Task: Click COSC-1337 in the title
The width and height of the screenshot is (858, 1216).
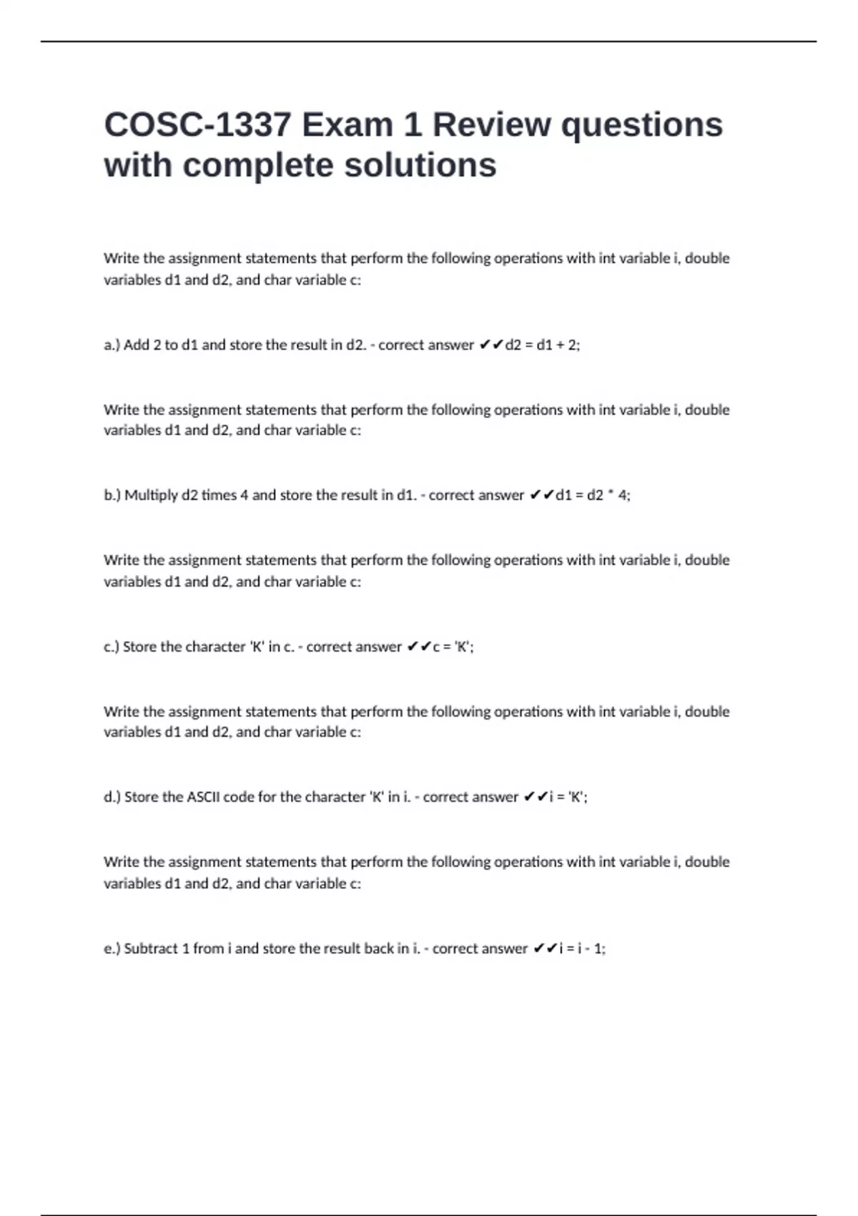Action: coord(197,125)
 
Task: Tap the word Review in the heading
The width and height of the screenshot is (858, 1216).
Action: coord(491,125)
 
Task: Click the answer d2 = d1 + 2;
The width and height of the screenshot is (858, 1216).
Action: coord(543,345)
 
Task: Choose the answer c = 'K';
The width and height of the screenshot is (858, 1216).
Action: coord(453,647)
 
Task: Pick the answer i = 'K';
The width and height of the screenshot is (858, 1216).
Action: coord(568,797)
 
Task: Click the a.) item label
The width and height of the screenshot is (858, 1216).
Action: coord(112,345)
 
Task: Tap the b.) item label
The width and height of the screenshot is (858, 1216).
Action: coord(113,495)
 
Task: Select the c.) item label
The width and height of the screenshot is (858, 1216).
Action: coord(112,647)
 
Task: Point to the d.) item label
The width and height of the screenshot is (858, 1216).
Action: coord(113,797)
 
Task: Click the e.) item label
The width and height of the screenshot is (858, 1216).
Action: coord(113,948)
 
